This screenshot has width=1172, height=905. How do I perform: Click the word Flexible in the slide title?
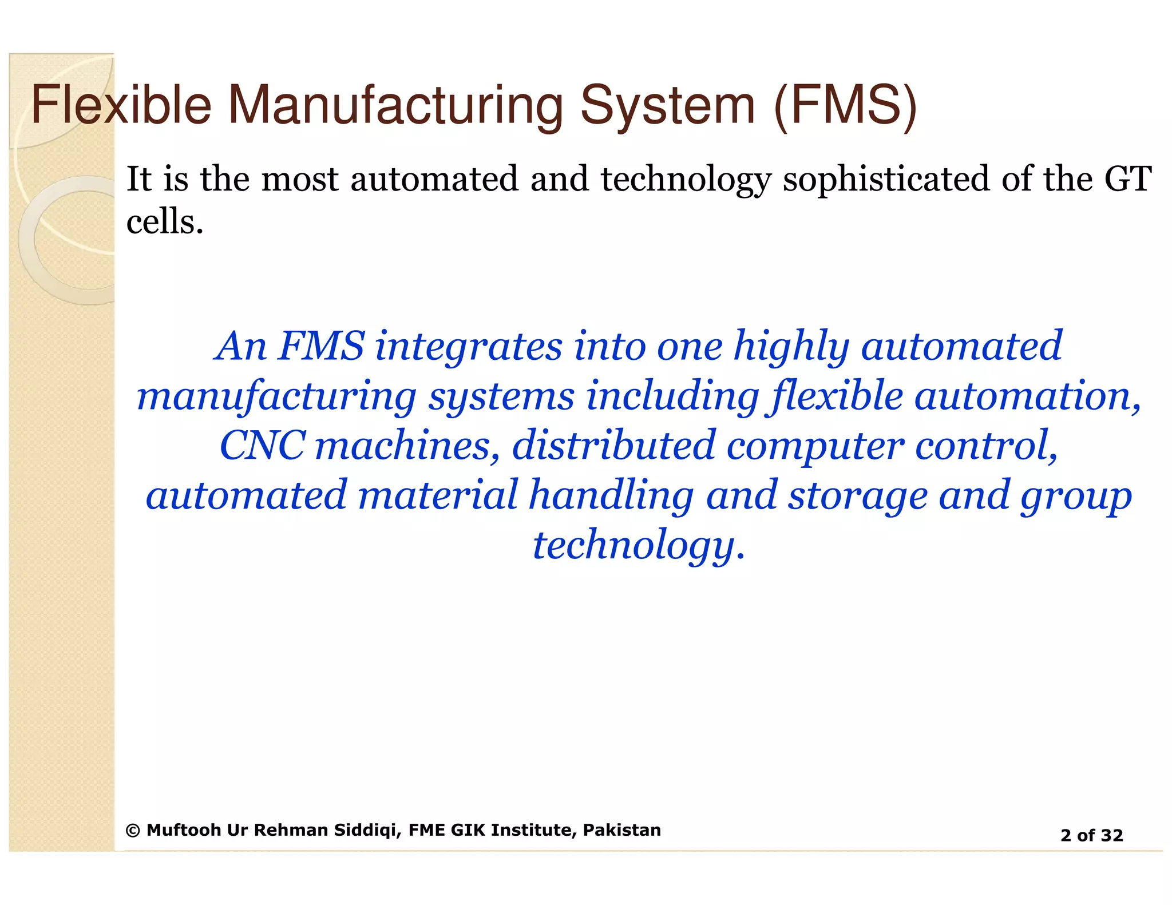(x=121, y=105)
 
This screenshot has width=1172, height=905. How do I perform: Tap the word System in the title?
(x=667, y=106)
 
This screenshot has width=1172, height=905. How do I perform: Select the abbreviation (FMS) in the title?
(x=845, y=105)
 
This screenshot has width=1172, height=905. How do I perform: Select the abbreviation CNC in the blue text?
(x=262, y=446)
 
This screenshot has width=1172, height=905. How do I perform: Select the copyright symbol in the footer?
(x=133, y=831)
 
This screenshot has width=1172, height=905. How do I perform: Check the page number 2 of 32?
(x=1091, y=836)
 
